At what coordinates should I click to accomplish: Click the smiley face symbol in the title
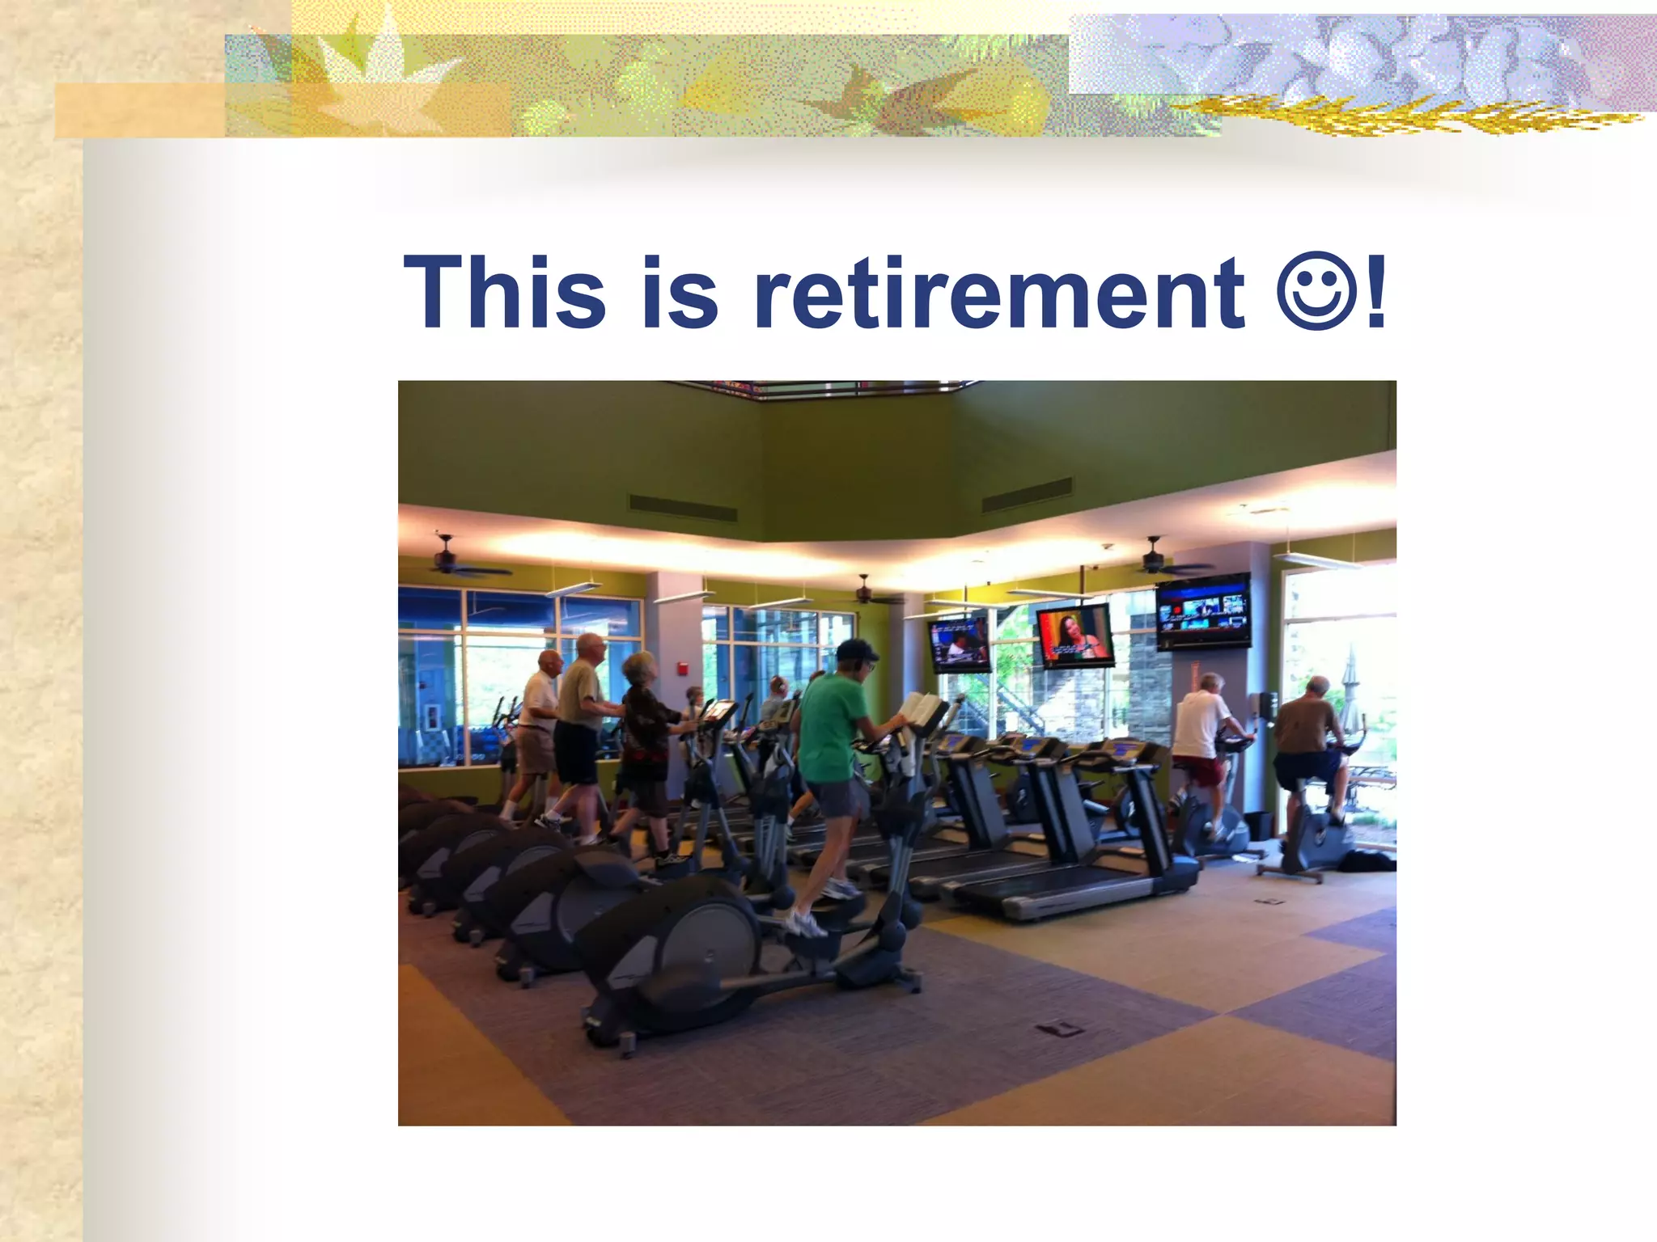pos(1316,289)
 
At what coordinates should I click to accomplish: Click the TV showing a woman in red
pos(1074,636)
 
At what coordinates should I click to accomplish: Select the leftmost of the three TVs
pos(960,644)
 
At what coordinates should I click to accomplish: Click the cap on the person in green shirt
pos(856,648)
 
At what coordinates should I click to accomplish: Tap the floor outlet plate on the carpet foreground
pos(1061,1029)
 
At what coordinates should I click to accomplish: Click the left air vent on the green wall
pos(682,508)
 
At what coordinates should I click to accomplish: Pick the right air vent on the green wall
pos(1027,495)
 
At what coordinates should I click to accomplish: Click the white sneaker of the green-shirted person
pos(806,924)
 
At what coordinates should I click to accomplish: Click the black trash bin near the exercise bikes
pos(1258,825)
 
